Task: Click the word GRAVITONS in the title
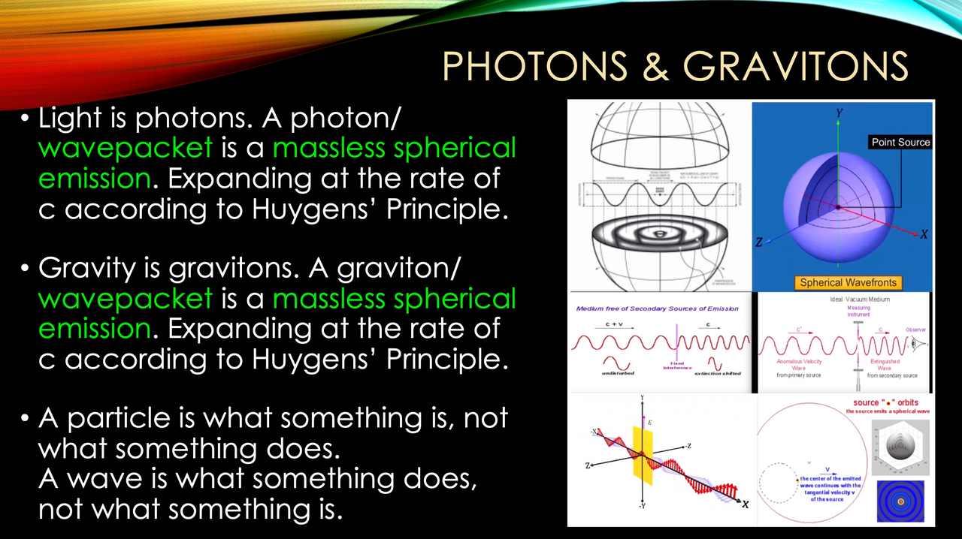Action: coord(794,66)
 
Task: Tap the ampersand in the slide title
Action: coord(655,66)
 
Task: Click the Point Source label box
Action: coord(900,142)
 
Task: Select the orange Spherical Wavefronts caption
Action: coord(846,282)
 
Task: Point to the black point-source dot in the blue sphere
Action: coord(838,206)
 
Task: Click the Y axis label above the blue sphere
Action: coord(839,112)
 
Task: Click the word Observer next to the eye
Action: coord(915,330)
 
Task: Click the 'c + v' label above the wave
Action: coord(616,326)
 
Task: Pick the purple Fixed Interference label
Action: coord(676,365)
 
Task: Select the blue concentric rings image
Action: coord(899,501)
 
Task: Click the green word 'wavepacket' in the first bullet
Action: coord(126,148)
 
